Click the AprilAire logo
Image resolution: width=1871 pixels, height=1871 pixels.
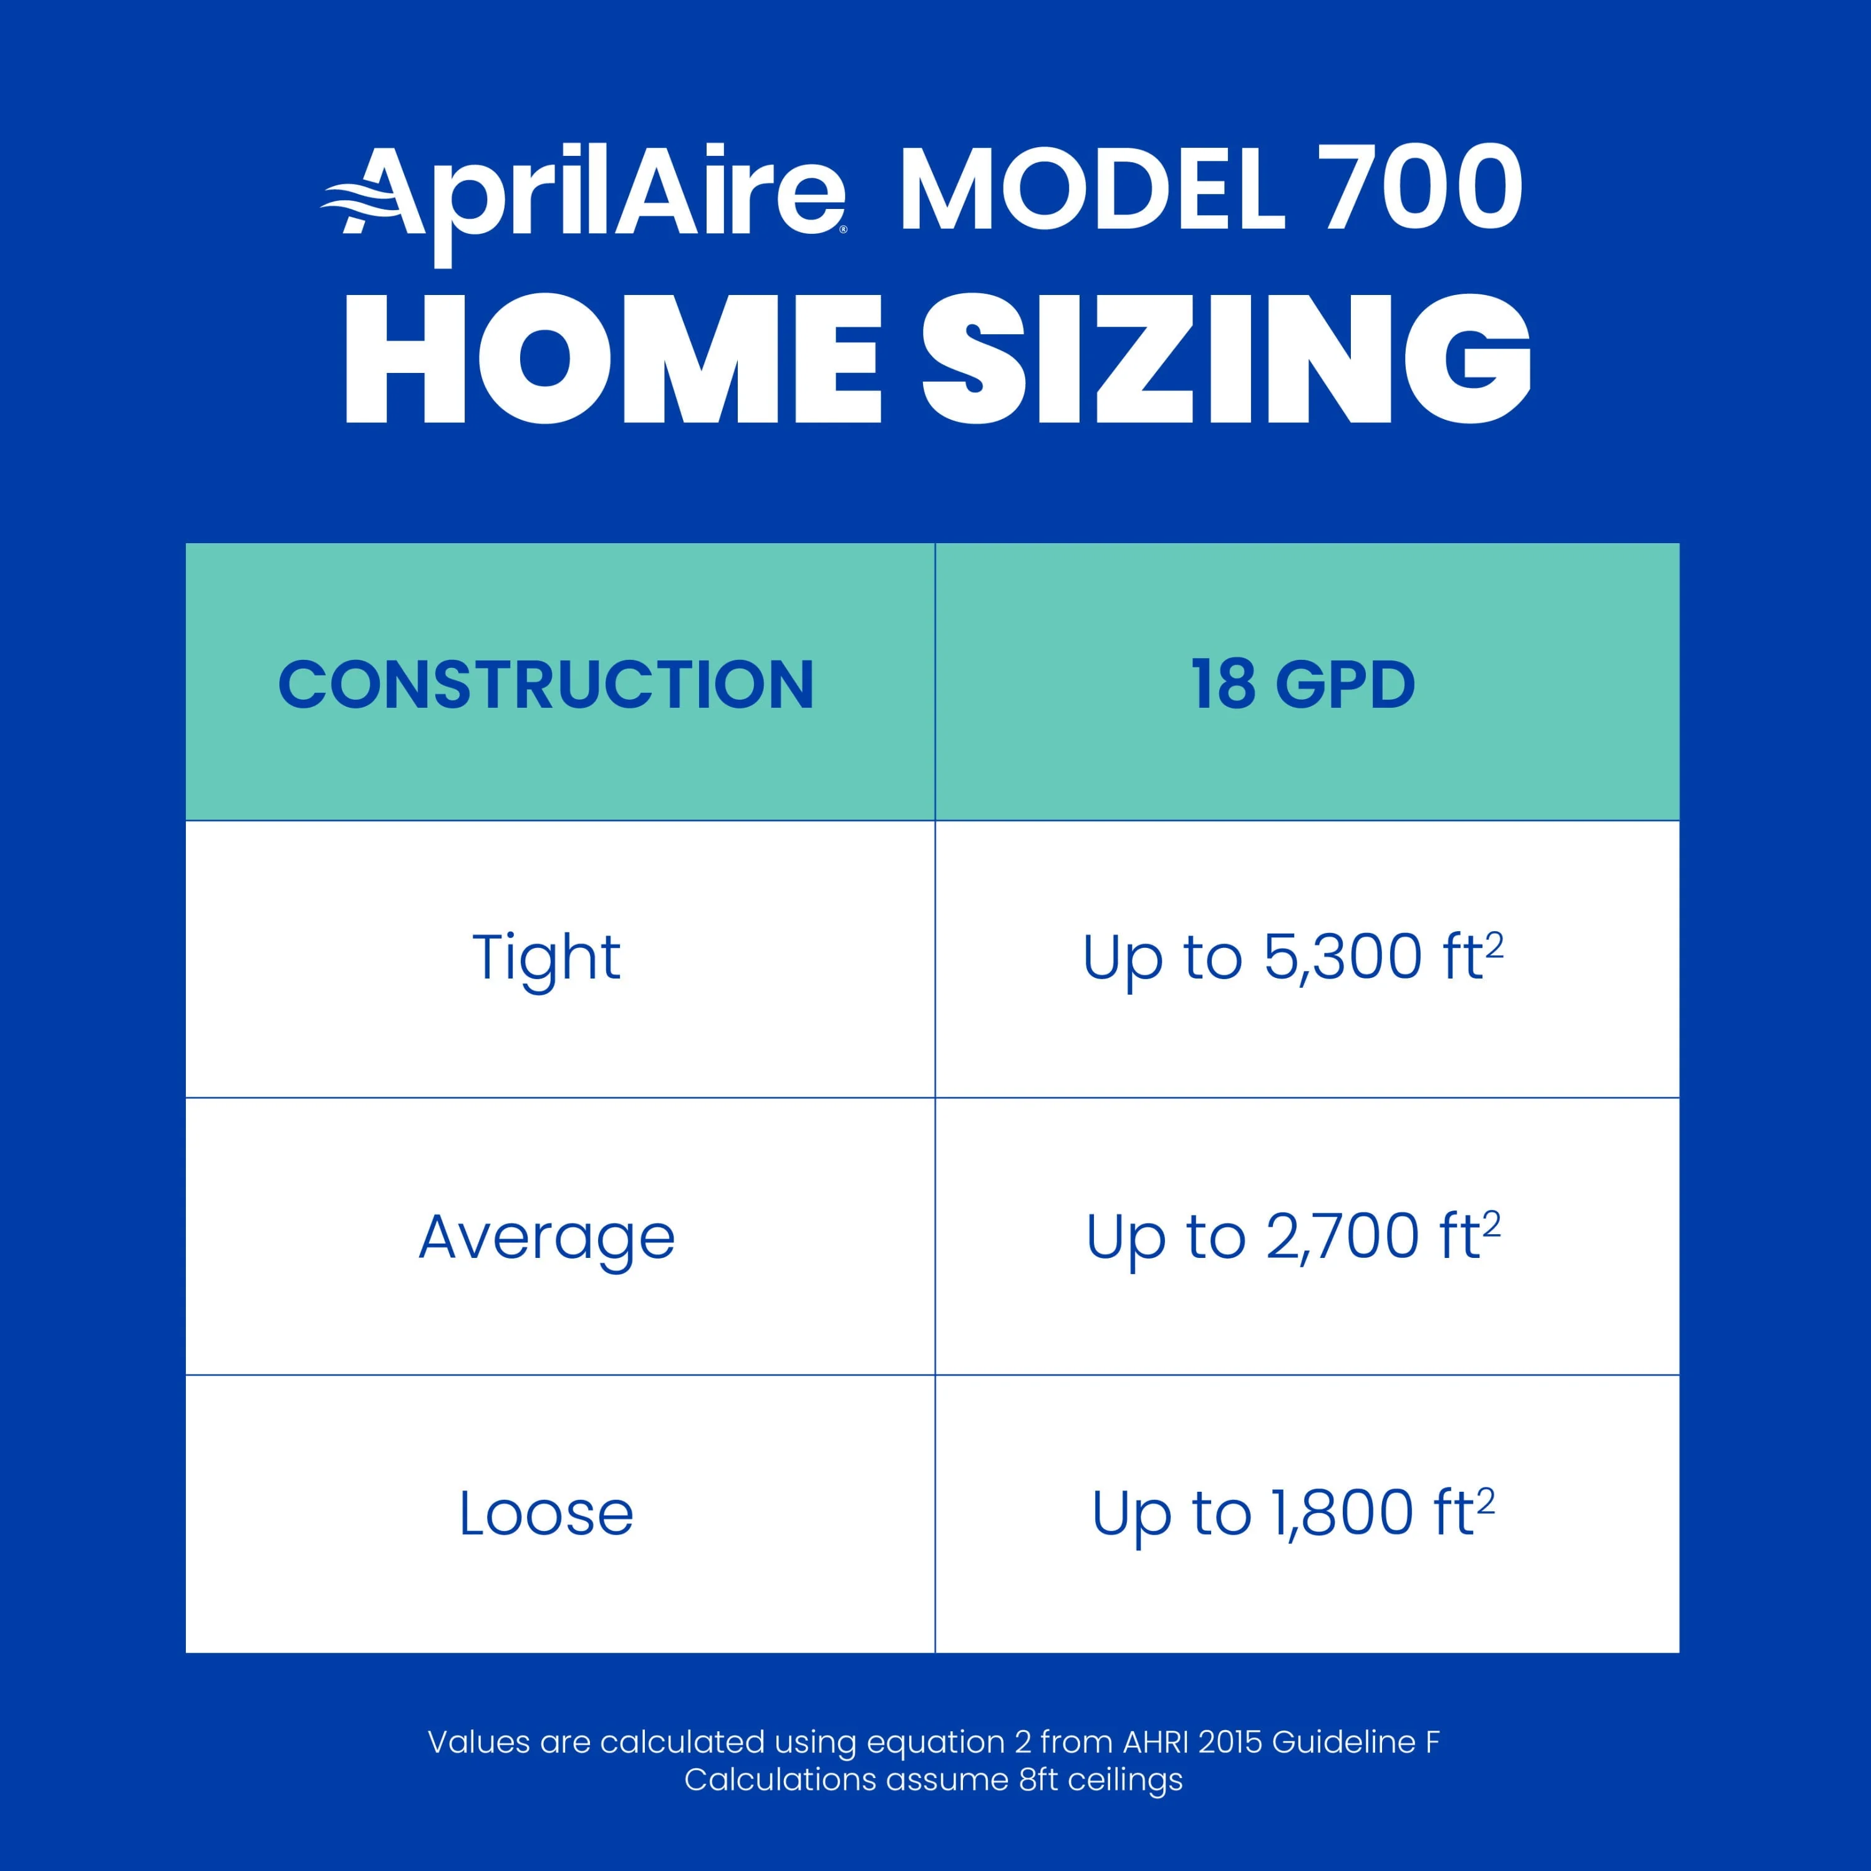pos(584,203)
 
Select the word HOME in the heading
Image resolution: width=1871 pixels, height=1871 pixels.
pos(613,359)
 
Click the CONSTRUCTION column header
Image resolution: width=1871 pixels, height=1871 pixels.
pos(546,685)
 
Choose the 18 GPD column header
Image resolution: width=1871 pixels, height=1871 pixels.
pos(1303,685)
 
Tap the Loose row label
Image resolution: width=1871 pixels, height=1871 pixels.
pos(546,1514)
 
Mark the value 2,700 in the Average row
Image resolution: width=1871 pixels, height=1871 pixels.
pos(1342,1237)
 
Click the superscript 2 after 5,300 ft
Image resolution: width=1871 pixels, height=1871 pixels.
pos(1494,944)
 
